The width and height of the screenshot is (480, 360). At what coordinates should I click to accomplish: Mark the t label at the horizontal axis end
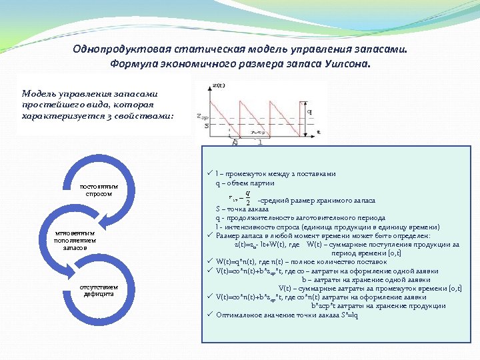[x=319, y=133]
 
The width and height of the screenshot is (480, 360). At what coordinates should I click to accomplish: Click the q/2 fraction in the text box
[x=247, y=199]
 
